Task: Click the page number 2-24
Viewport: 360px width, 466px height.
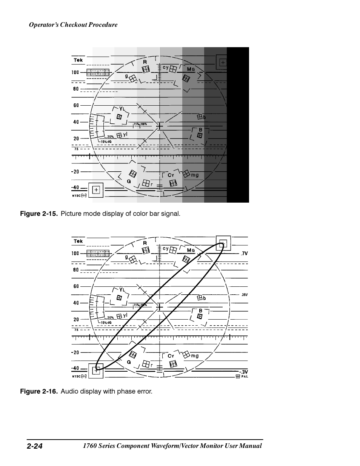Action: (x=34, y=446)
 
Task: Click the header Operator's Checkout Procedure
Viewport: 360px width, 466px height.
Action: (x=73, y=25)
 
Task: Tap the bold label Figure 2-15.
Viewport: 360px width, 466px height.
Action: (x=39, y=214)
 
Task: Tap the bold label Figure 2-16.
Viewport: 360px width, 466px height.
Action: (x=39, y=391)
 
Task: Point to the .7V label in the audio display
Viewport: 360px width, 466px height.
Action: (x=244, y=254)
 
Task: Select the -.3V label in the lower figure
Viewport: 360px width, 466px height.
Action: (x=243, y=372)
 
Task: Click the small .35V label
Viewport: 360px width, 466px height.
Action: (x=244, y=295)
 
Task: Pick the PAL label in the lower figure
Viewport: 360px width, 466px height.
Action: (x=245, y=376)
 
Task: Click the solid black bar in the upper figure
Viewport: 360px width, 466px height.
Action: (x=238, y=125)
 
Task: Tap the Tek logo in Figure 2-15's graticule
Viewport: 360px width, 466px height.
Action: (x=78, y=60)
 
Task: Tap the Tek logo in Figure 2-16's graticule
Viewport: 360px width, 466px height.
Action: (x=78, y=241)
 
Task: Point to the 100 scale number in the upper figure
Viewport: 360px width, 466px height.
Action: (x=75, y=72)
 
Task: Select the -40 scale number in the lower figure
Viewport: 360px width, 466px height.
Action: (x=75, y=368)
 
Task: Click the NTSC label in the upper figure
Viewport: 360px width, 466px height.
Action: (x=76, y=195)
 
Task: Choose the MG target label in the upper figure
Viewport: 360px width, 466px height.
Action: (x=191, y=69)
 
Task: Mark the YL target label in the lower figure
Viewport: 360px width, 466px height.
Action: (x=122, y=289)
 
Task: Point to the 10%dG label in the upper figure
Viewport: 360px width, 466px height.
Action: (x=106, y=141)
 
